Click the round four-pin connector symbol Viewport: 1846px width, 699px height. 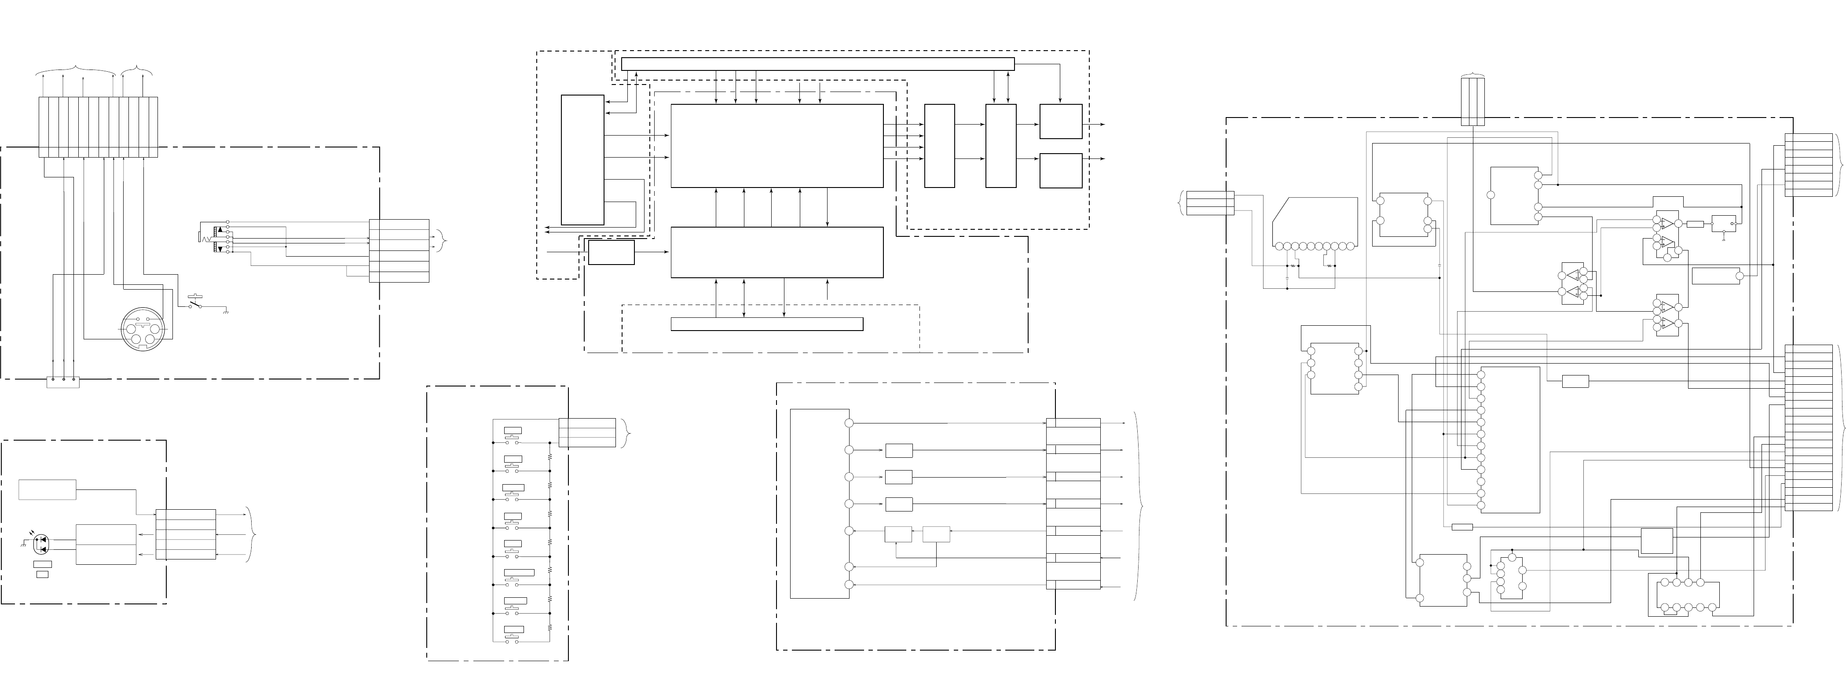(143, 329)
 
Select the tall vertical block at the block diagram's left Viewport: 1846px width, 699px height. (582, 159)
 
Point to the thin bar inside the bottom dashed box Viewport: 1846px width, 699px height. (767, 324)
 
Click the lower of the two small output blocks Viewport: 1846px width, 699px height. (1061, 170)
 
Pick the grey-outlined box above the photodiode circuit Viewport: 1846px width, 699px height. (48, 489)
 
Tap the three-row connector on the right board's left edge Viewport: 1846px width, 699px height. (1210, 203)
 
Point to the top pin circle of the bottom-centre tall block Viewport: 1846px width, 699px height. (849, 423)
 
